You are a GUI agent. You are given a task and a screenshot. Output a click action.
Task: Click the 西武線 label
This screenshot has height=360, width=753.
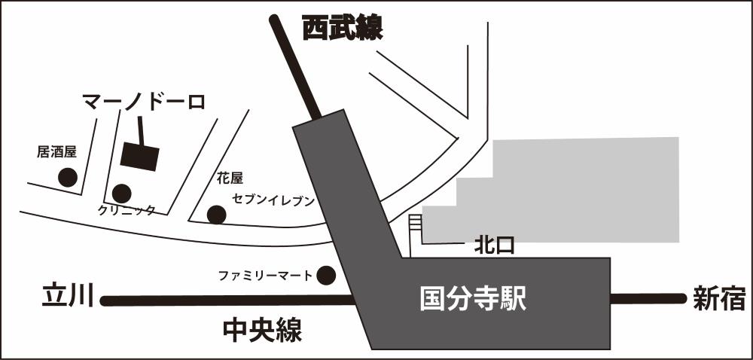pos(343,29)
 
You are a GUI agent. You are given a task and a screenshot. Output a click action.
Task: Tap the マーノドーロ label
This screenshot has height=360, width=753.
pos(144,102)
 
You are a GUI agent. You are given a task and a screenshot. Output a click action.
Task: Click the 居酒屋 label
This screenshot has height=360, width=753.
pos(56,152)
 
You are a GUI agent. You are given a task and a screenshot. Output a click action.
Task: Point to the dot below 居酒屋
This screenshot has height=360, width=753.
pos(68,178)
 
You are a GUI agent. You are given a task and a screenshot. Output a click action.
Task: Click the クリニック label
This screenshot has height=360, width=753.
pos(127,210)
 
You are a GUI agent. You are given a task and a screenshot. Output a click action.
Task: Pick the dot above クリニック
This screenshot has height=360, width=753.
pos(121,194)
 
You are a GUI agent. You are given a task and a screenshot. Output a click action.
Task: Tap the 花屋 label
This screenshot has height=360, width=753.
pos(230,178)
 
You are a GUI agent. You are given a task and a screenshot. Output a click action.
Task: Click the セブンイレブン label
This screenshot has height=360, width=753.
pos(273,200)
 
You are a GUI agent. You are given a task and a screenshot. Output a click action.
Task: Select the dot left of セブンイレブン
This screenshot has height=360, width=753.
pos(217,215)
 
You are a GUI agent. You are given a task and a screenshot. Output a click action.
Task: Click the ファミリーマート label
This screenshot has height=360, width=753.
pos(265,276)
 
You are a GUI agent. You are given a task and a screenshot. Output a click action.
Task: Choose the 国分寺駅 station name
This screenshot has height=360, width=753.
pos(473,300)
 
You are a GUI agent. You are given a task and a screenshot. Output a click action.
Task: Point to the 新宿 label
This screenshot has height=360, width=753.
pos(719,298)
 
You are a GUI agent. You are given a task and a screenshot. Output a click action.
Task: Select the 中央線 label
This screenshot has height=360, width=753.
pos(263,331)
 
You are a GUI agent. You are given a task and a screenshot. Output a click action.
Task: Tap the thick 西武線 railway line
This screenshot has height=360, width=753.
pos(296,67)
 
